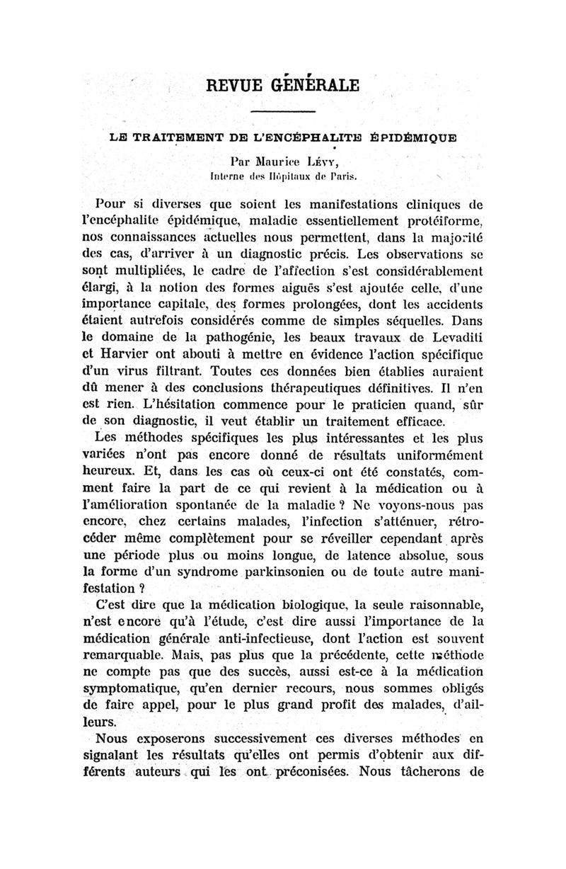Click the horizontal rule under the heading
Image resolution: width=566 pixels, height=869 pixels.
283,112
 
